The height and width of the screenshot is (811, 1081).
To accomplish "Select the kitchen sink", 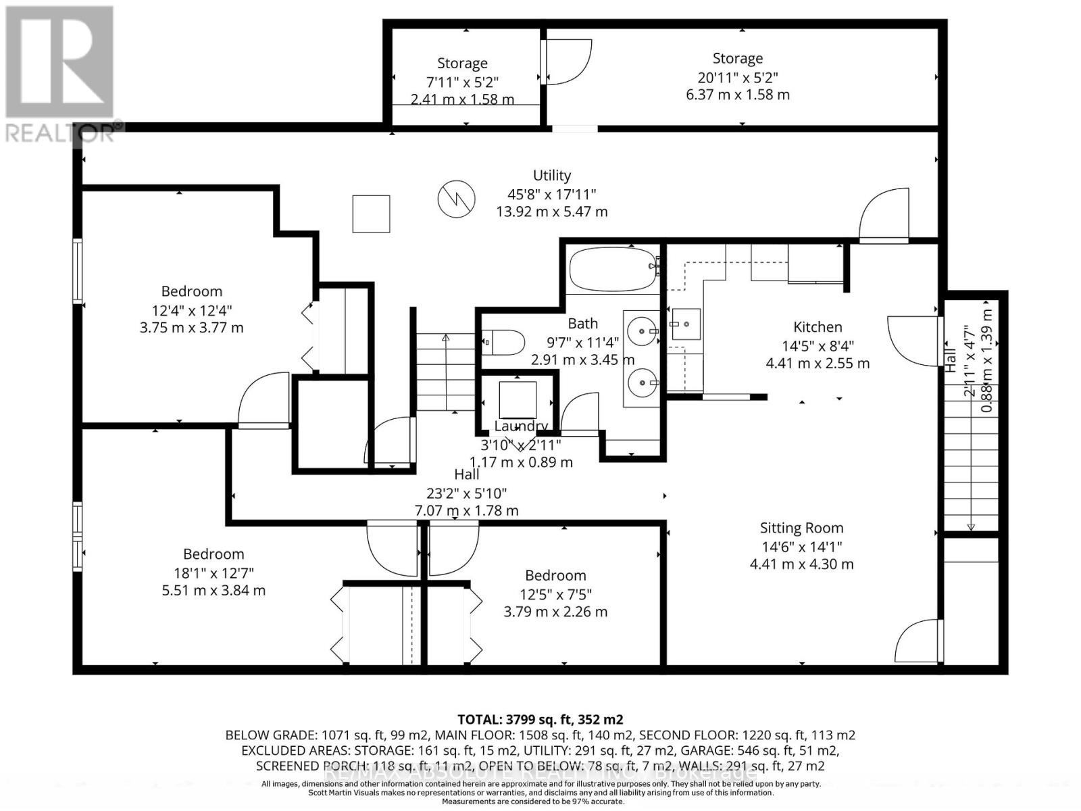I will click(685, 324).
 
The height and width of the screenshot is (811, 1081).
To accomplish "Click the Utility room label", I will click(552, 176).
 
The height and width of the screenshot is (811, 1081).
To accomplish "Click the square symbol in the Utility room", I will click(371, 214).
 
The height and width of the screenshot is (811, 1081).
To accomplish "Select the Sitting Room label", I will click(801, 528).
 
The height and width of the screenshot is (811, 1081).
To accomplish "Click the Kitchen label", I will click(818, 327).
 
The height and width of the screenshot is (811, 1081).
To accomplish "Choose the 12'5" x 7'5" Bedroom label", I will click(555, 575).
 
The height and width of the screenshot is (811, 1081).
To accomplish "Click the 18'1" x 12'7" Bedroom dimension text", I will click(213, 572).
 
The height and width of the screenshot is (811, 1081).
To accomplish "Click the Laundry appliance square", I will click(518, 399).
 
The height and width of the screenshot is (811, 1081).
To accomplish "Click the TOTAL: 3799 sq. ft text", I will click(540, 719).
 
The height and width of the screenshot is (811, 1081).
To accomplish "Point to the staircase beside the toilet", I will click(445, 372).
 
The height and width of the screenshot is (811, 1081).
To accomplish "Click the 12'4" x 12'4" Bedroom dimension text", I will click(191, 310).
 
